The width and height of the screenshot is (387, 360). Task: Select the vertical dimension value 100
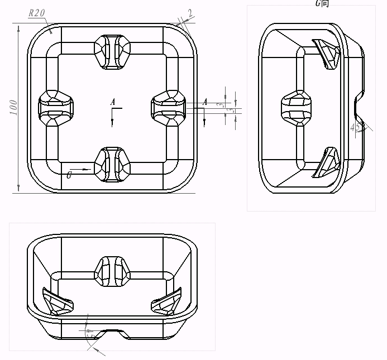14,107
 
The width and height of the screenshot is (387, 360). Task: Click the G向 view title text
322,3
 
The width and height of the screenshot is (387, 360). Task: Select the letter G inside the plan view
69,175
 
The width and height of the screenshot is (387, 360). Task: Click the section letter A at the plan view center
113,102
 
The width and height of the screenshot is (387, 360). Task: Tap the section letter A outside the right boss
206,102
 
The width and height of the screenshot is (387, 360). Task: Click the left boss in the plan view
55,107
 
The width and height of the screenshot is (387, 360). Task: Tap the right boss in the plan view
170,107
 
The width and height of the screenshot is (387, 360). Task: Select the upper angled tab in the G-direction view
326,55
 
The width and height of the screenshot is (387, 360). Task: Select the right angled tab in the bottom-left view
166,302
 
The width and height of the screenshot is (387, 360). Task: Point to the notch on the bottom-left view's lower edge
112,333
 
